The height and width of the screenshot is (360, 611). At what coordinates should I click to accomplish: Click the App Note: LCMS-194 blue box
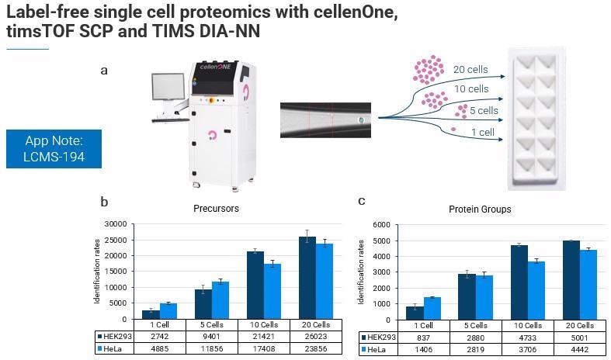pyautogui.click(x=54, y=149)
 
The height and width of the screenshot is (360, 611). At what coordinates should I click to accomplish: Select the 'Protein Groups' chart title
pyautogui.click(x=480, y=209)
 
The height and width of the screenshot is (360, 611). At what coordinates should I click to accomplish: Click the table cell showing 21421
pyautogui.click(x=262, y=337)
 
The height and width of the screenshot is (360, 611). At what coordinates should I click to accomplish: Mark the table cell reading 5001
pyautogui.click(x=573, y=337)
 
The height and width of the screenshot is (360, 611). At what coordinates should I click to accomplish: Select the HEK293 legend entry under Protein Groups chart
pyautogui.click(x=377, y=337)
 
